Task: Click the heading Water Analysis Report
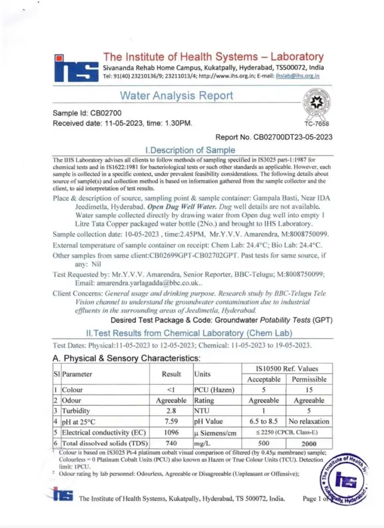pos(176,95)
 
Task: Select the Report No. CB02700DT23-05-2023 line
pos(273,137)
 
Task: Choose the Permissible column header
pos(309,379)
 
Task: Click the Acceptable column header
pos(264,379)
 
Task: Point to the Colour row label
pos(72,390)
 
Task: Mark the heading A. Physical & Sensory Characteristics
pos(127,358)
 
